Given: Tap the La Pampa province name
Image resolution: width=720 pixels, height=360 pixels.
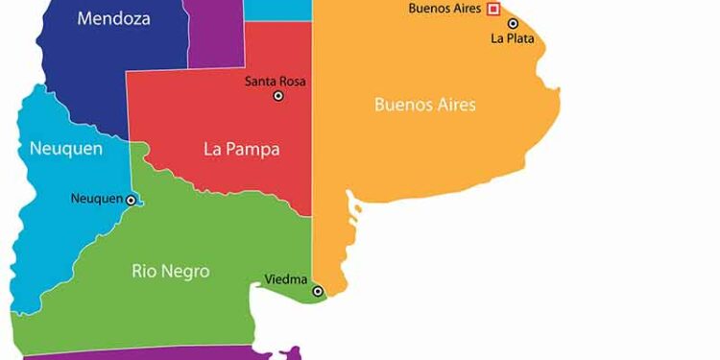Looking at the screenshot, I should pyautogui.click(x=241, y=149).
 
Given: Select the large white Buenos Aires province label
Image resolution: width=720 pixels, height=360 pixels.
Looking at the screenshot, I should pyautogui.click(x=424, y=104).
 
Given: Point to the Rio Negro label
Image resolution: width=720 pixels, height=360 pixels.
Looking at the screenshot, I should pyautogui.click(x=170, y=272).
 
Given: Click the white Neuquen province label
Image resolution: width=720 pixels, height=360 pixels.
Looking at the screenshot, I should pyautogui.click(x=65, y=148).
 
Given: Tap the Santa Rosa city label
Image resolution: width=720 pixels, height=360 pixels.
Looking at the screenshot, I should pyautogui.click(x=276, y=81).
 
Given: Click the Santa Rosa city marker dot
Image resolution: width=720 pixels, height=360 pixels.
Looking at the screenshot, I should pyautogui.click(x=278, y=96).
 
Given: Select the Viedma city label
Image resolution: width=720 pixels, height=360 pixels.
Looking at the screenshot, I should pyautogui.click(x=286, y=280).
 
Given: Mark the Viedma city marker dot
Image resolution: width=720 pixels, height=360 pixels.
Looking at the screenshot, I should pyautogui.click(x=318, y=291).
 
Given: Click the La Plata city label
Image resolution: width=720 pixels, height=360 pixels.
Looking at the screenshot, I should pyautogui.click(x=512, y=38).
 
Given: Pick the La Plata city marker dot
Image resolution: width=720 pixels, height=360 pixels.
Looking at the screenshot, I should pyautogui.click(x=514, y=23).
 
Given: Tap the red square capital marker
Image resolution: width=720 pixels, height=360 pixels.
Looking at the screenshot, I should pyautogui.click(x=493, y=9).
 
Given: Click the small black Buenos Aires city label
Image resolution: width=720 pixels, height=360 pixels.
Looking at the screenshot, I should pyautogui.click(x=444, y=9).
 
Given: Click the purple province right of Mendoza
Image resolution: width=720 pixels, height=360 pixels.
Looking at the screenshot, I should pyautogui.click(x=214, y=34).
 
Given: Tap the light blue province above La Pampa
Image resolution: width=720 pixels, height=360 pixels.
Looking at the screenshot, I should pyautogui.click(x=277, y=9).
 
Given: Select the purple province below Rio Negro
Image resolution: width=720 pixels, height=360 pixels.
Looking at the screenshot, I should pyautogui.click(x=144, y=354).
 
